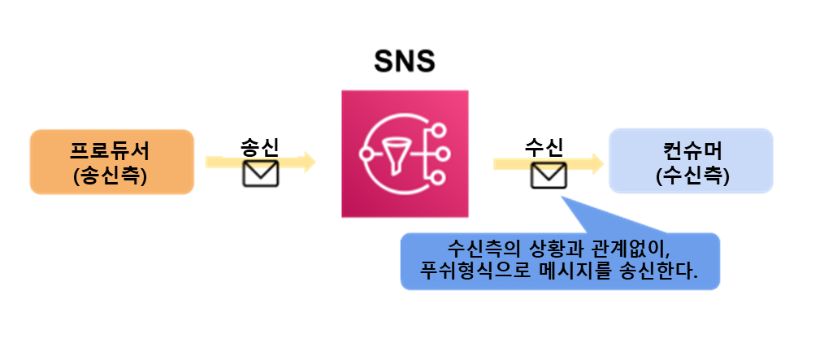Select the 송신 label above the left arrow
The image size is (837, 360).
tap(260, 147)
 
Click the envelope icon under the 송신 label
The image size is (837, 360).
tap(261, 166)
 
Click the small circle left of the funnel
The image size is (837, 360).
tap(366, 152)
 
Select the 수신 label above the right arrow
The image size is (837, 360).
tap(544, 147)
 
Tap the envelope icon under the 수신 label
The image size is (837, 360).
tap(544, 167)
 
